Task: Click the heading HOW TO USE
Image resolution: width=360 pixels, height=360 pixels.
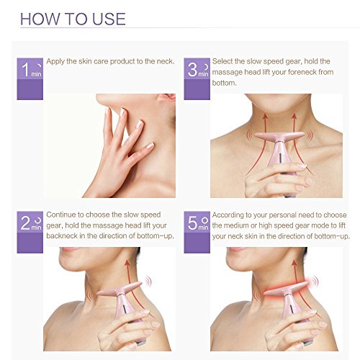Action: tap(73, 19)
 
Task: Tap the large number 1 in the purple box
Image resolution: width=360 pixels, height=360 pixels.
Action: tap(26, 70)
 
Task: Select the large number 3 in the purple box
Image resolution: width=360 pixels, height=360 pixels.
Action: tap(192, 70)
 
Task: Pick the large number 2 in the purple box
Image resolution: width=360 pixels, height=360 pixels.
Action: tap(25, 222)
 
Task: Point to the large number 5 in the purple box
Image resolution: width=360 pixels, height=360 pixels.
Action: tap(192, 222)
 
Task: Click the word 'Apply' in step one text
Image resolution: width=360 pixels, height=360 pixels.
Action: tap(55, 62)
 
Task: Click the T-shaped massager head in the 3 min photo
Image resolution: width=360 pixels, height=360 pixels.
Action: tap(279, 136)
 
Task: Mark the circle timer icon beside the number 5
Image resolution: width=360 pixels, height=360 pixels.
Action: tap(204, 220)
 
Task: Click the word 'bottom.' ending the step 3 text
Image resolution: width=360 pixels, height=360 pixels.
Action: tap(225, 83)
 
